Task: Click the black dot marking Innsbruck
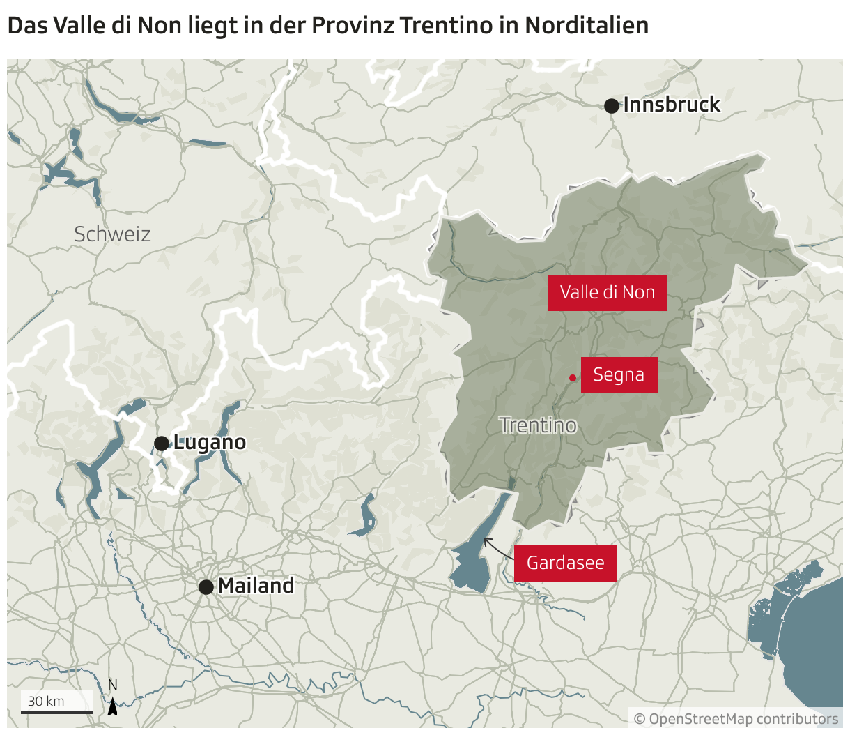point(611,106)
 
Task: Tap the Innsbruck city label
point(672,105)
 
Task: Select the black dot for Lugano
point(161,444)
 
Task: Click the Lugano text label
point(210,442)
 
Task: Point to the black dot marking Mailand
point(206,587)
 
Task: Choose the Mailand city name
point(256,586)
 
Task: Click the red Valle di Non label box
point(607,292)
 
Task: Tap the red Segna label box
point(619,375)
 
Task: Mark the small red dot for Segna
point(573,378)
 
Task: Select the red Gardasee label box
point(565,563)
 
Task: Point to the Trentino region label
point(538,425)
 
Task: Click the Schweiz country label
point(112,234)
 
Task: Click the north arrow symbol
point(112,706)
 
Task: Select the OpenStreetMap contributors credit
point(736,719)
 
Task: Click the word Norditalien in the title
point(587,26)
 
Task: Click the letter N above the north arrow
point(112,685)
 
